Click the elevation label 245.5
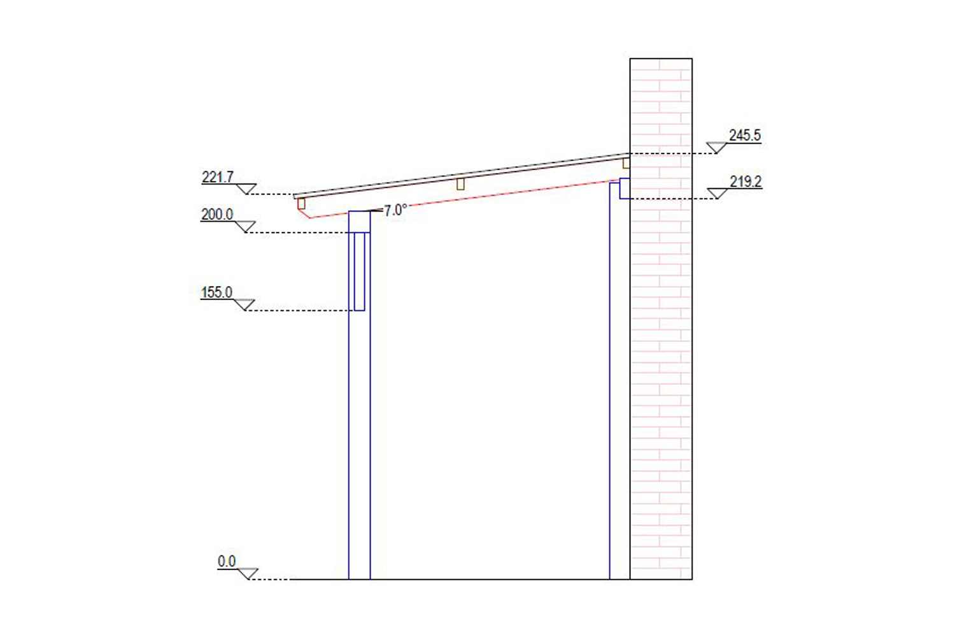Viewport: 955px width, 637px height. click(744, 135)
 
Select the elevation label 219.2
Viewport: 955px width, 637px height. click(746, 182)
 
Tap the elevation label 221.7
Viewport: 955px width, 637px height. click(218, 177)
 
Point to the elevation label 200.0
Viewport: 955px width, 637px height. click(217, 214)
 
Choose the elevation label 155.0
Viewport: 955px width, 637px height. click(216, 292)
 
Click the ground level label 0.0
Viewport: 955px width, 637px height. click(227, 561)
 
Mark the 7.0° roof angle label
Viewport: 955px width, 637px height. click(395, 210)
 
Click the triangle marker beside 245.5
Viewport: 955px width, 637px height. click(717, 148)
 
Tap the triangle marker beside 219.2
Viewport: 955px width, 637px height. click(718, 193)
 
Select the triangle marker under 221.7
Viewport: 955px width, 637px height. click(246, 189)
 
